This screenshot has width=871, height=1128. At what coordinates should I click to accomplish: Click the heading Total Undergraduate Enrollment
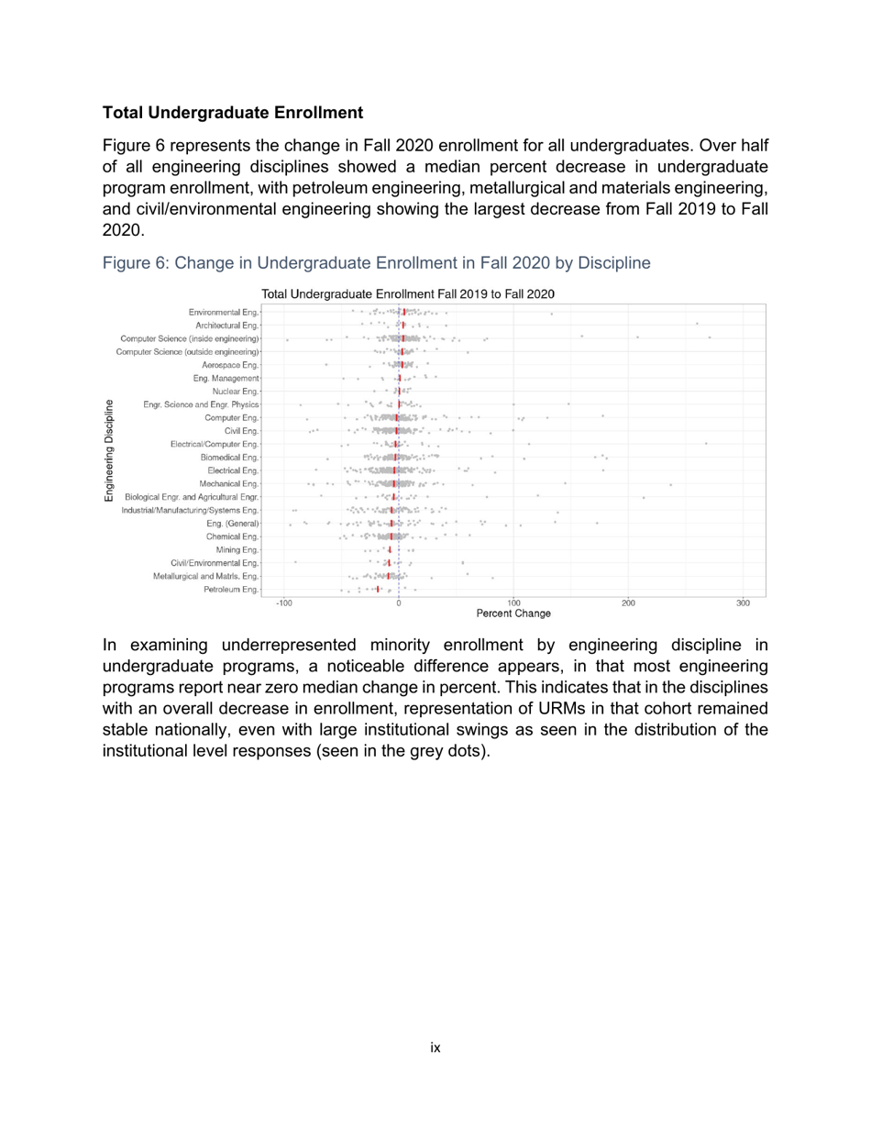pyautogui.click(x=233, y=113)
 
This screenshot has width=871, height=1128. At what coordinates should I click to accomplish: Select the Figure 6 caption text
pyautogui.click(x=376, y=263)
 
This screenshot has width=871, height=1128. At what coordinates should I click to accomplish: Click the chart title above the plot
pyautogui.click(x=408, y=294)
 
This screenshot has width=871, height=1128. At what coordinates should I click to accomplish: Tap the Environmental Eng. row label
pyautogui.click(x=224, y=312)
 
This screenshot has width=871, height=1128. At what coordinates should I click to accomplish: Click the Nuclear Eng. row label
pyautogui.click(x=236, y=392)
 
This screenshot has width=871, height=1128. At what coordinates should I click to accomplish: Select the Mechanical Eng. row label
pyautogui.click(x=229, y=483)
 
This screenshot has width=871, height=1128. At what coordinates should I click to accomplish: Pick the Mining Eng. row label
pyautogui.click(x=237, y=549)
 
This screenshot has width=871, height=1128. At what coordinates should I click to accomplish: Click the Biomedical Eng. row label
pyautogui.click(x=230, y=457)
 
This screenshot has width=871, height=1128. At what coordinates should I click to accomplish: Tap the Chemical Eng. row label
pyautogui.click(x=232, y=536)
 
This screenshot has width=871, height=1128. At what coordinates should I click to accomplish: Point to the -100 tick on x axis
pyautogui.click(x=283, y=603)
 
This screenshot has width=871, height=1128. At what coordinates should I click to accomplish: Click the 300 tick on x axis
pyautogui.click(x=744, y=603)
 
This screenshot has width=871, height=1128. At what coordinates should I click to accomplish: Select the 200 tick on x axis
pyautogui.click(x=628, y=603)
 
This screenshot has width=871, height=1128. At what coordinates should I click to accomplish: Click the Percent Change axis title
pyautogui.click(x=513, y=614)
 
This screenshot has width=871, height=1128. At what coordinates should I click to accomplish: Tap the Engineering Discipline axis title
pyautogui.click(x=109, y=450)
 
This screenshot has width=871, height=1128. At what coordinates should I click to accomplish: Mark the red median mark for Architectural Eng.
pyautogui.click(x=403, y=325)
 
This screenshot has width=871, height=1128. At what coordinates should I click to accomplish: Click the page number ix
pyautogui.click(x=435, y=1047)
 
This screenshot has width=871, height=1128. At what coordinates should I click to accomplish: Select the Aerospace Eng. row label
pyautogui.click(x=230, y=364)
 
